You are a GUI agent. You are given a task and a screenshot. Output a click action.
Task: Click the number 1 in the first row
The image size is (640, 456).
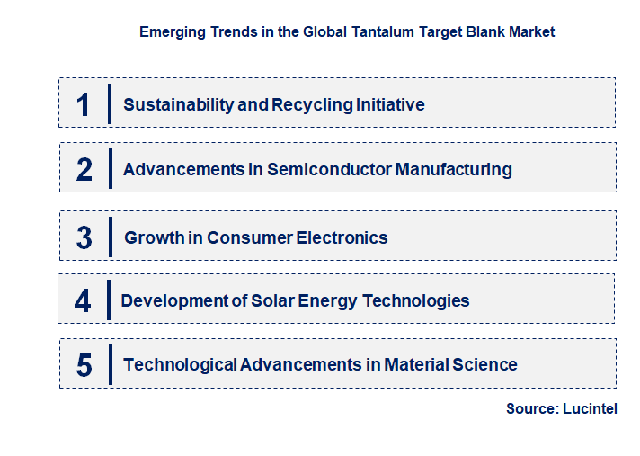[x=84, y=104]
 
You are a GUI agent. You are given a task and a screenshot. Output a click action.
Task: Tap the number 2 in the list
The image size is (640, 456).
[x=84, y=169]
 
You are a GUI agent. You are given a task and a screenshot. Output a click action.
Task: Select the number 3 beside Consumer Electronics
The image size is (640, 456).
[x=84, y=238]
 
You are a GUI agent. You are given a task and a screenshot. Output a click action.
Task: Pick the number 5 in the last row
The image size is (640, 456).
[x=84, y=365]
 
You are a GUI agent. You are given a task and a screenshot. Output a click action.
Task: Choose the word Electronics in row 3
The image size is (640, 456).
[x=342, y=238]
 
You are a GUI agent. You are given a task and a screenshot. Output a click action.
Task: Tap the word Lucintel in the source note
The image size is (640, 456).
[x=590, y=408]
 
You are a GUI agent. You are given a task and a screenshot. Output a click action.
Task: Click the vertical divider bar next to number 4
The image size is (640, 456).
[x=109, y=300]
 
